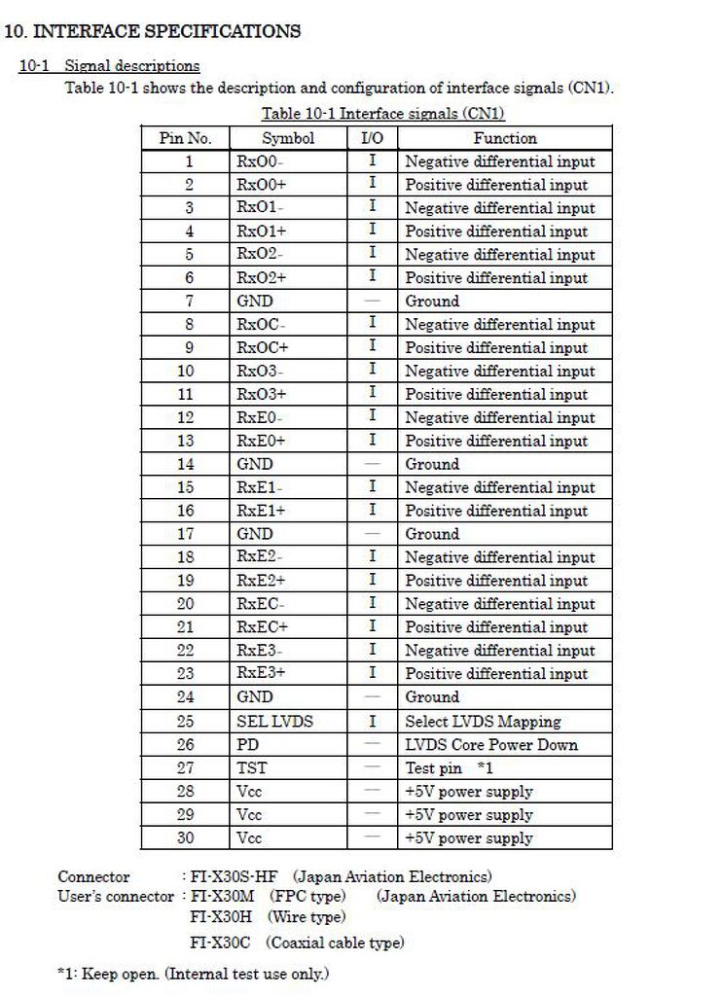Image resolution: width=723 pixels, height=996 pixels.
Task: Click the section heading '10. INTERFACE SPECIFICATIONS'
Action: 153,31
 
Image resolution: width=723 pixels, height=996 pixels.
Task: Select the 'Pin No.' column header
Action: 185,138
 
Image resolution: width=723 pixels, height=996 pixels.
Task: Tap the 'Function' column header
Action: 505,138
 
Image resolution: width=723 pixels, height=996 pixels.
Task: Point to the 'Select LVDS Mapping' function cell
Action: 483,722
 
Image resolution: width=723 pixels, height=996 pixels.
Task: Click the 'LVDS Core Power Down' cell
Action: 491,745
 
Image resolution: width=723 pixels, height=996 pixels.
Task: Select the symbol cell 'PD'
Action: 248,745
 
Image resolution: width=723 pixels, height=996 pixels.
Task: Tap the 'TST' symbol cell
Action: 252,768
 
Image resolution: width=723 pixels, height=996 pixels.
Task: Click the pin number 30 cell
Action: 185,837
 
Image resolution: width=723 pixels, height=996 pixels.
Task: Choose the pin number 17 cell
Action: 185,534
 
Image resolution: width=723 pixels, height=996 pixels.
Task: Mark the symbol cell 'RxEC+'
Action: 263,627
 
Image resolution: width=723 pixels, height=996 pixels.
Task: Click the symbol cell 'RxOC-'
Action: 261,325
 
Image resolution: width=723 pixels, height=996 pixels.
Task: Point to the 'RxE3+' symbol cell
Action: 261,674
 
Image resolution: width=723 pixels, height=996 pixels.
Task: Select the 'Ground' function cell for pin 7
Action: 432,302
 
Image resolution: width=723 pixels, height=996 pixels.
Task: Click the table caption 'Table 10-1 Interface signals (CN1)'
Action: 383,114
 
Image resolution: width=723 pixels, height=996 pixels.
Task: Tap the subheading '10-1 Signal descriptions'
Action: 110,66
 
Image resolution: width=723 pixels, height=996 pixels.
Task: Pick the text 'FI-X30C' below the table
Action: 220,943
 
